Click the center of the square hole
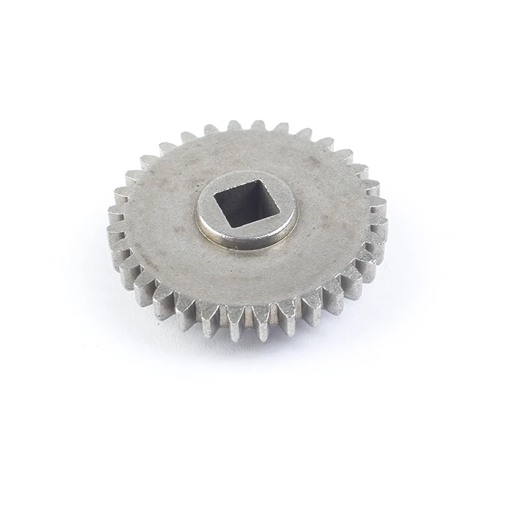pyautogui.click(x=247, y=202)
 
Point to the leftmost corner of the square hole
pyautogui.click(x=215, y=198)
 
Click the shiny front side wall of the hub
pyautogui.click(x=247, y=239)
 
